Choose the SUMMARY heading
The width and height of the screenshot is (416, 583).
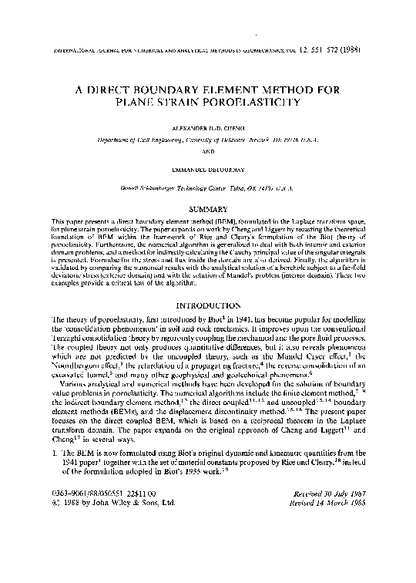pyautogui.click(x=208, y=210)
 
